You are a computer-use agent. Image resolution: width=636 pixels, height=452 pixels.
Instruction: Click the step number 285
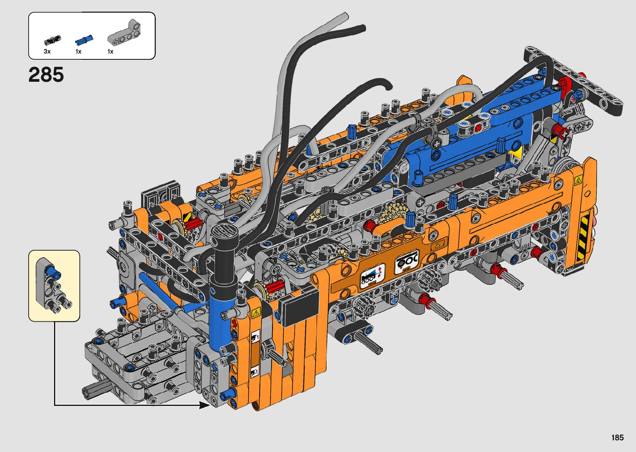click(46, 75)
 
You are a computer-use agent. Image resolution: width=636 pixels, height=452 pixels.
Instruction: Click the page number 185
click(617, 437)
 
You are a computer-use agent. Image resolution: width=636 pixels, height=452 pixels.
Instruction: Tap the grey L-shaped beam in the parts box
click(124, 34)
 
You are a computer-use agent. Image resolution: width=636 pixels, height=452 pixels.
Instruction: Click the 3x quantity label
click(47, 51)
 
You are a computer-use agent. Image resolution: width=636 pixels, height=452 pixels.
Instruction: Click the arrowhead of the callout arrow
click(204, 405)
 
